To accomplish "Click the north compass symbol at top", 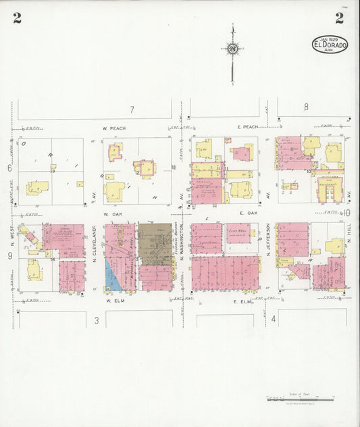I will [x=232, y=49].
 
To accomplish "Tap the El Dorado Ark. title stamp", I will [x=330, y=45].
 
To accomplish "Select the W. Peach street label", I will [x=114, y=128].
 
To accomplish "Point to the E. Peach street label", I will [x=248, y=126].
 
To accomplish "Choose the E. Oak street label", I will [x=249, y=213].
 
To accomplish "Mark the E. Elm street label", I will [x=242, y=302].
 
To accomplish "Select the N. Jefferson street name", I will [x=268, y=242].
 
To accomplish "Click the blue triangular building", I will [x=110, y=274].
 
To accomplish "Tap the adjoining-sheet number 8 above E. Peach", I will [x=306, y=106].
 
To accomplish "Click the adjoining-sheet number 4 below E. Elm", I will [x=273, y=318].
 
